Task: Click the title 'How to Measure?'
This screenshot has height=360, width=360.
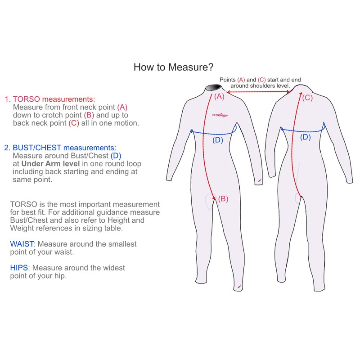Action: point(173,67)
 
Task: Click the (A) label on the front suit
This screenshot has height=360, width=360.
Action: point(219,96)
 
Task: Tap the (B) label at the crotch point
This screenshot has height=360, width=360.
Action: point(224,198)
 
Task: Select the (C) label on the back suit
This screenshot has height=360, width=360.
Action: point(307,97)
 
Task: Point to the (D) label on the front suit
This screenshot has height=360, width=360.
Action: point(217,139)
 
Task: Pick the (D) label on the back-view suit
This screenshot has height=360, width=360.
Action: point(305,137)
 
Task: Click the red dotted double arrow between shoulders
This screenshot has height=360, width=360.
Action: point(259,92)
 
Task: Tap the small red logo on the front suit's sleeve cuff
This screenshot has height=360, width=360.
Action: point(260,181)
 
